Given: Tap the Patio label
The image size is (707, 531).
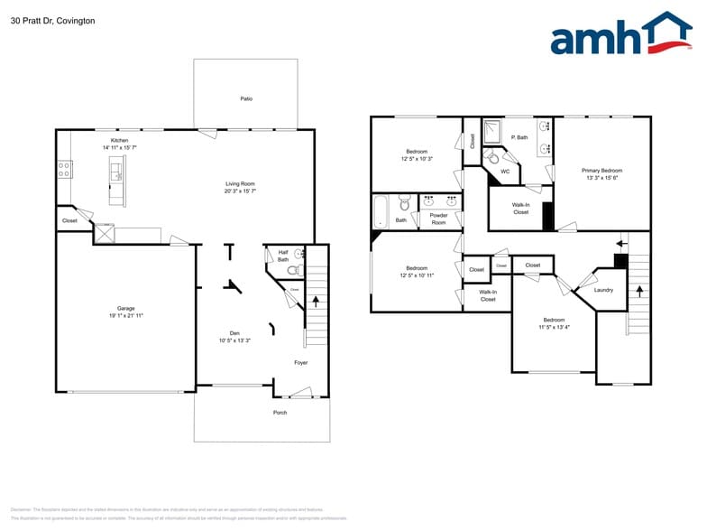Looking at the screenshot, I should [x=246, y=98].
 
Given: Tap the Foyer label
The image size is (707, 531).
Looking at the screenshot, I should [x=301, y=363].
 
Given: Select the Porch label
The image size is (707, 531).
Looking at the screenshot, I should [x=280, y=413].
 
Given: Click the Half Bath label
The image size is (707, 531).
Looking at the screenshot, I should [x=283, y=256].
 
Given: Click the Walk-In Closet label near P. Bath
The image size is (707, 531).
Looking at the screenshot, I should [x=520, y=209].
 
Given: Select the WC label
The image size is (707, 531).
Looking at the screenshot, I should [x=505, y=171].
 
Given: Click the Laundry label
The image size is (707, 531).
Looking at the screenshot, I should [x=603, y=290].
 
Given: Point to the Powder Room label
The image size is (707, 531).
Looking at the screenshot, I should [x=438, y=219].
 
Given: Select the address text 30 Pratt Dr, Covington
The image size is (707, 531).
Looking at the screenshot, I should [x=52, y=20].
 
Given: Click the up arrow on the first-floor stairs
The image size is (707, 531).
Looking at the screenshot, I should [x=315, y=302].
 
